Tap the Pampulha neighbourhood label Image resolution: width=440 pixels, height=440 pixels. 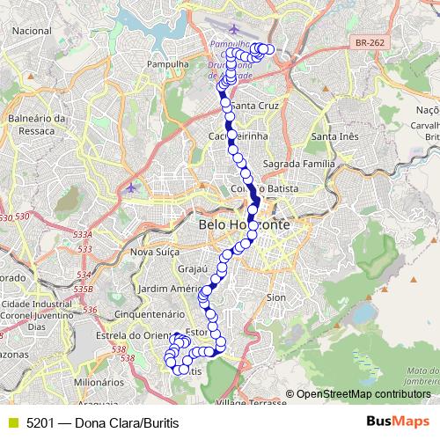click(170, 64)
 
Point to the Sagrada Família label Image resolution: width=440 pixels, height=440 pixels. click(299, 165)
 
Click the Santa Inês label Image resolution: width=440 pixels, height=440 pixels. click(335, 136)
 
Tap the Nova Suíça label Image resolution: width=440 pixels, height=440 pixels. click(155, 252)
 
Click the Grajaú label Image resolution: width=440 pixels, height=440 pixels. click(191, 269)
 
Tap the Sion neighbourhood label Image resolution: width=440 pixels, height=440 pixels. click(275, 297)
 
